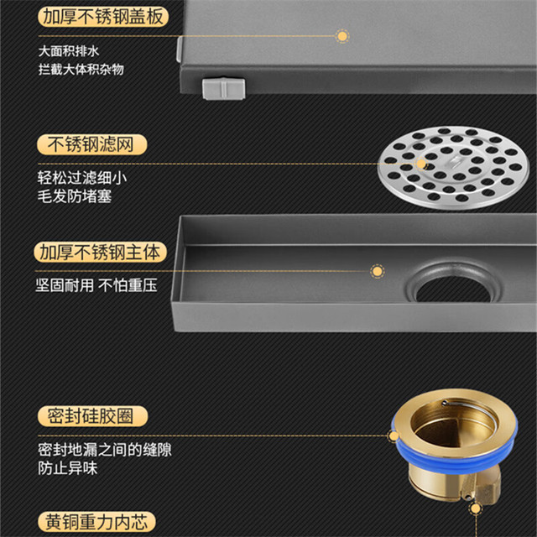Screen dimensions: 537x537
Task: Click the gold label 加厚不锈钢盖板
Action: click(103, 17)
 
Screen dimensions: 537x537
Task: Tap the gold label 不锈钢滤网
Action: click(91, 144)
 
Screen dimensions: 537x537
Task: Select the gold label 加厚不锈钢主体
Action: click(100, 253)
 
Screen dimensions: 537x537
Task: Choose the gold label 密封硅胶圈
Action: click(92, 416)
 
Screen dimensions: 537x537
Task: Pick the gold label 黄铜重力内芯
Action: click(96, 522)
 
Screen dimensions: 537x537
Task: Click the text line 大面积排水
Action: click(69, 51)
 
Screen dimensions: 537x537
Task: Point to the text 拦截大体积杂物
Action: click(81, 69)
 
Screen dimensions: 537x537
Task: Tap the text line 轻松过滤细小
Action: click(82, 178)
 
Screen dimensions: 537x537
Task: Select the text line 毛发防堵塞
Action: click(75, 196)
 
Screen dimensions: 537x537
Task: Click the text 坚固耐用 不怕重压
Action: click(96, 285)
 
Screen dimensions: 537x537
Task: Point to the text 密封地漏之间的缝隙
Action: click(104, 450)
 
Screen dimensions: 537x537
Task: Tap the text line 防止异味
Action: click(67, 468)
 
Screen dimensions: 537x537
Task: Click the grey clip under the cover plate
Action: click(224, 89)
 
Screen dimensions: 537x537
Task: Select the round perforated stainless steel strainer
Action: click(453, 168)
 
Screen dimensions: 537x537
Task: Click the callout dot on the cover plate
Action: click(341, 35)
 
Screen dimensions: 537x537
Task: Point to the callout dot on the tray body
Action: click(377, 271)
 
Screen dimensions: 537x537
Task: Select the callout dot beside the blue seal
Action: click(394, 436)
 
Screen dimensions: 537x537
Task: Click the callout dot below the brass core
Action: click(476, 508)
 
